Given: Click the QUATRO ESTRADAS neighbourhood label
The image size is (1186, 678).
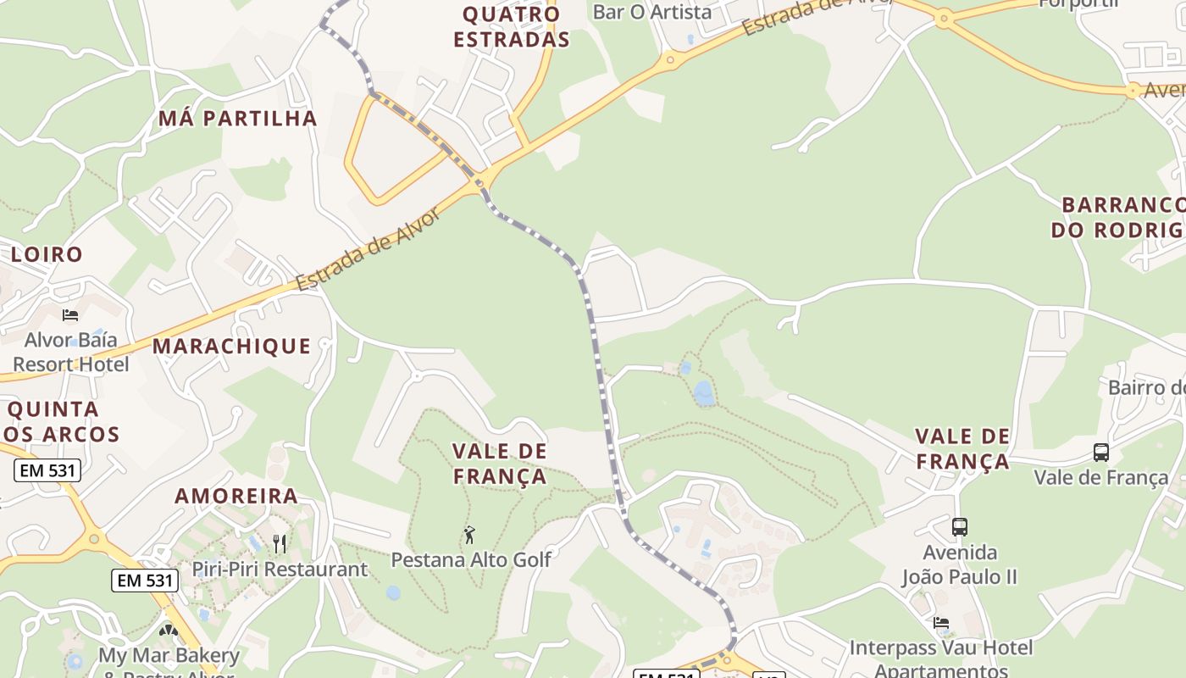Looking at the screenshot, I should [511, 26].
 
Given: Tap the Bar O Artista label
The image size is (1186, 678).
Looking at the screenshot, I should [652, 12].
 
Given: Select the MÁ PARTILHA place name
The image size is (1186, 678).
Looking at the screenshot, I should [238, 118].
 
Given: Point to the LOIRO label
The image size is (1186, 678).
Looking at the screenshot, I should [47, 254].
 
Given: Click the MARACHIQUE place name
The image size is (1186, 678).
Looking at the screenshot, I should [231, 346].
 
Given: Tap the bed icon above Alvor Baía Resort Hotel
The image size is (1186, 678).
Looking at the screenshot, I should [70, 315].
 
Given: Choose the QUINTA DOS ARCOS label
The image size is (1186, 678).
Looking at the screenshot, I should [63, 422].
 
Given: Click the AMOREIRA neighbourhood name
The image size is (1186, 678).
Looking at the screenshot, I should [236, 496].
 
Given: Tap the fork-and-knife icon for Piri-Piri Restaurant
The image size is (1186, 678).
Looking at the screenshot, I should [280, 543].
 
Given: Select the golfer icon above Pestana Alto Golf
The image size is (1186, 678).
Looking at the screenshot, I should [470, 535].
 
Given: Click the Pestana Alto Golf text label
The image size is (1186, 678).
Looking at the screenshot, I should [471, 559].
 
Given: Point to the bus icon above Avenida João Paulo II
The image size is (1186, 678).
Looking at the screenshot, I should [960, 527].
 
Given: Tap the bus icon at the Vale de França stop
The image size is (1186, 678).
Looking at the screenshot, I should [1101, 453].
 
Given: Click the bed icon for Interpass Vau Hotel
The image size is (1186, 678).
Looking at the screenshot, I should [941, 624].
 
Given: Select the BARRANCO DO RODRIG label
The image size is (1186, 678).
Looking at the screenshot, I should [1118, 217].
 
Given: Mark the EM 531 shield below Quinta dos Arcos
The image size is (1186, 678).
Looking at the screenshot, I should [47, 470].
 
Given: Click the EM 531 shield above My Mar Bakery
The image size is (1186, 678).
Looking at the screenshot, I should [145, 581].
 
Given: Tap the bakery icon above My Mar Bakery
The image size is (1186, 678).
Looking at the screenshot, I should [169, 631].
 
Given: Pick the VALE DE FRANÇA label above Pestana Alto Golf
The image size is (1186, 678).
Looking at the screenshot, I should [500, 464].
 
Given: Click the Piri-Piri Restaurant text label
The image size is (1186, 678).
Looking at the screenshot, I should [280, 569].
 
